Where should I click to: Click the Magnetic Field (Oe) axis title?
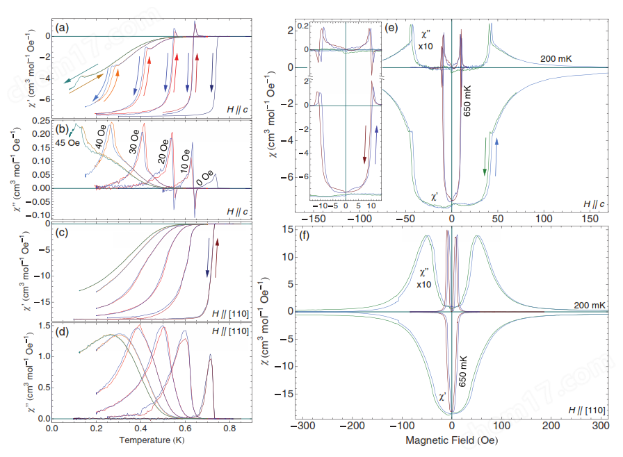click(451, 440)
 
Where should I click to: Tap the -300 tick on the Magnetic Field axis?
click(301, 426)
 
